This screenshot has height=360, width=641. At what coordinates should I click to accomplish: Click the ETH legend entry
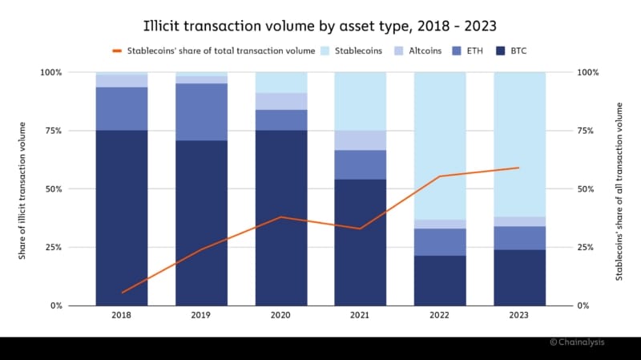tap(473, 51)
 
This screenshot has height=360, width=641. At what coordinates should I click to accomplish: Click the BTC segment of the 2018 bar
tap(122, 216)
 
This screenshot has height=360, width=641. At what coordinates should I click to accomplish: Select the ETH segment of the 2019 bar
tap(201, 111)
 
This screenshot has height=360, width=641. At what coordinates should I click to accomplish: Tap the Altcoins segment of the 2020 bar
tap(281, 100)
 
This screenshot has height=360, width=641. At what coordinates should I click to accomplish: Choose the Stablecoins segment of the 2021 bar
tap(361, 101)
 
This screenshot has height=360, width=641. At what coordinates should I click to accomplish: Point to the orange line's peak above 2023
tap(519, 168)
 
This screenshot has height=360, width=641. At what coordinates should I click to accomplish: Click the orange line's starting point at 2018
tap(122, 293)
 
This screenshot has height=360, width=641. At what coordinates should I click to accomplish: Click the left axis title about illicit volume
tap(23, 189)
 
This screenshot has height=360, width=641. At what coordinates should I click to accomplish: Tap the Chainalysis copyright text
tap(577, 342)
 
